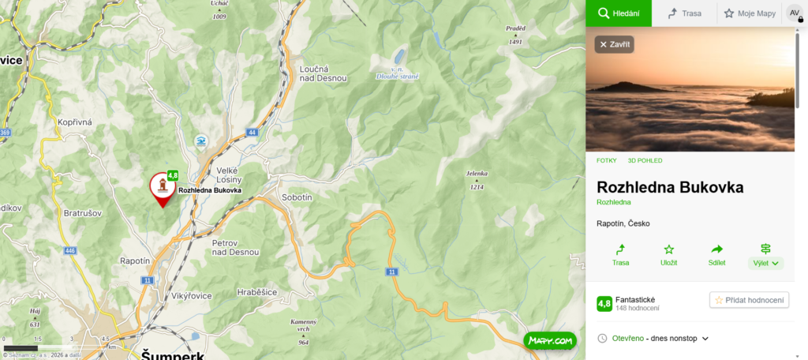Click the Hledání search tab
click(618, 13)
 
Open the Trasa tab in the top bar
click(683, 13)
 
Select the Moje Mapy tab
click(750, 13)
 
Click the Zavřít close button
click(614, 44)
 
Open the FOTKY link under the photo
click(606, 160)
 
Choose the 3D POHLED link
click(645, 160)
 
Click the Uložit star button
click(668, 254)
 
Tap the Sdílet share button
click(717, 254)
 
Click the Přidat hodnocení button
click(749, 300)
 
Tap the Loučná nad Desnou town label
click(320, 73)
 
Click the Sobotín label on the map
click(297, 197)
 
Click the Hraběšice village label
click(257, 292)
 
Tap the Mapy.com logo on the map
click(550, 341)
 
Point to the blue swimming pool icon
click(202, 141)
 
